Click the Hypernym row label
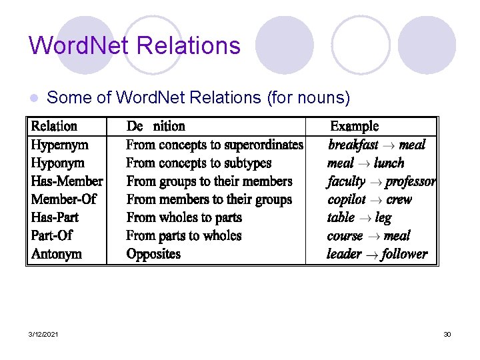tap(60, 145)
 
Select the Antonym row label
tap(57, 254)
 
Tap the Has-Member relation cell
tap(67, 181)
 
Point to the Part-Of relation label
tap(51, 236)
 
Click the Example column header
tap(355, 127)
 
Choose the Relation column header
tap(54, 127)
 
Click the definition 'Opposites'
tap(153, 254)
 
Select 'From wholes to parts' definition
tap(184, 217)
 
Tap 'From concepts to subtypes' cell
tap(199, 163)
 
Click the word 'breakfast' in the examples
tap(353, 145)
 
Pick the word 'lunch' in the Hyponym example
tap(389, 163)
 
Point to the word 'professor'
tap(411, 181)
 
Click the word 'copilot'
tap(347, 199)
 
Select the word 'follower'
tap(405, 254)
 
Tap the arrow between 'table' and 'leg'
tap(364, 218)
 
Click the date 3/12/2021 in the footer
tap(43, 334)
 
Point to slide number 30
tap(447, 334)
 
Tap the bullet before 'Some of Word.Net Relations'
tap(35, 98)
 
